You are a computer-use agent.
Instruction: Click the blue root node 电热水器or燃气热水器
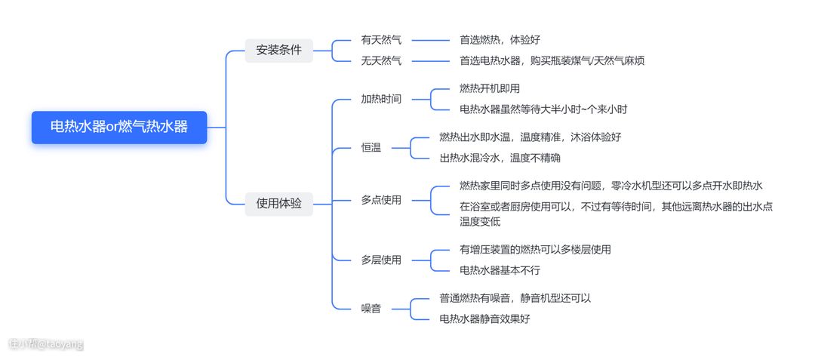pos(119,127)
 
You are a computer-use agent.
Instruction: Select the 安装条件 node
pos(278,51)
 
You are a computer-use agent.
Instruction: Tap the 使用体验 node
pos(278,203)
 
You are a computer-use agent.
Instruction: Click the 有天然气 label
pos(381,40)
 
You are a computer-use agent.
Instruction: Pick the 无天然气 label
pos(381,60)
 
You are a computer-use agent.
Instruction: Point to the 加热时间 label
pos(381,99)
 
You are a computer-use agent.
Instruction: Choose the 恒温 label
pos(371,148)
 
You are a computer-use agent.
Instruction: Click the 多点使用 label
pos(381,200)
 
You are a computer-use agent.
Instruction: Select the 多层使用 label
pos(381,260)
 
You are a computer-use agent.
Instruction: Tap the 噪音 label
pos(371,309)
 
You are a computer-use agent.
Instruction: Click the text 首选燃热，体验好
pos(500,40)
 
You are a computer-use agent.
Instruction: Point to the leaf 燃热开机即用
pos(490,88)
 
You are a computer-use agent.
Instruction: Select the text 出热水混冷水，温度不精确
pos(500,158)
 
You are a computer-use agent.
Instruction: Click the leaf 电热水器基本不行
pos(500,270)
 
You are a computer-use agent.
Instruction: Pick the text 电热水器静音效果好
pos(484,319)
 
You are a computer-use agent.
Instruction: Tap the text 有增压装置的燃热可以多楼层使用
pos(535,250)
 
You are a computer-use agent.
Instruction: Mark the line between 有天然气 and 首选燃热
pos(430,40)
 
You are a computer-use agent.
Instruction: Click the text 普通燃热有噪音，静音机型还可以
pos(515,298)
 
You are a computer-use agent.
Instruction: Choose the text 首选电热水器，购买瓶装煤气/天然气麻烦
pos(552,60)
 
